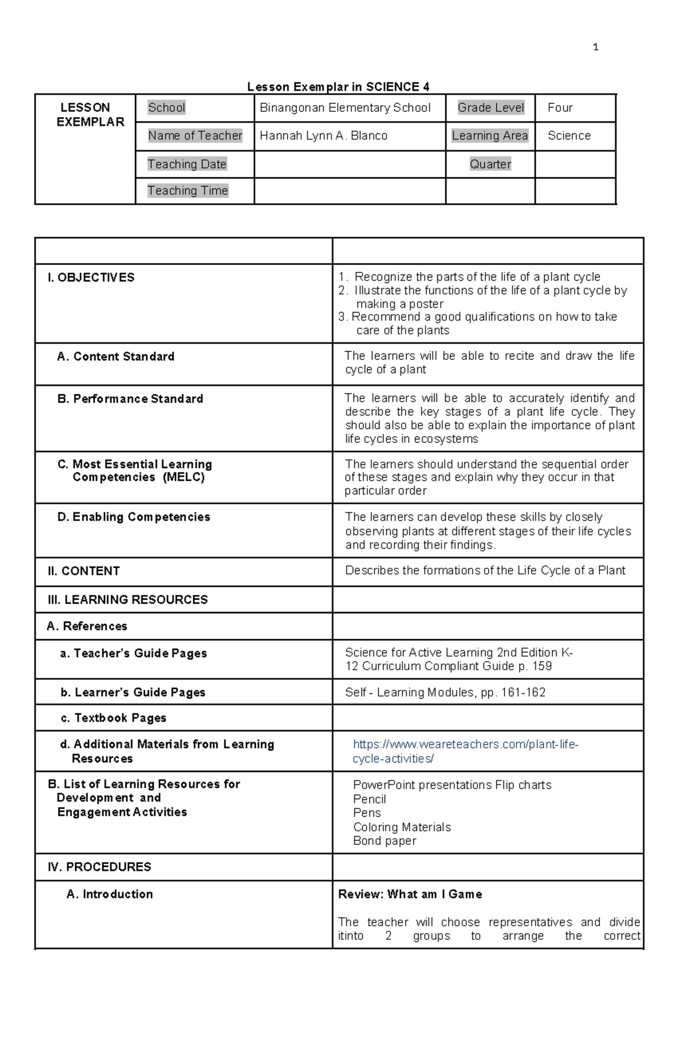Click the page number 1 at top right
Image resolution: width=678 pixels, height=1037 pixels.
(596, 47)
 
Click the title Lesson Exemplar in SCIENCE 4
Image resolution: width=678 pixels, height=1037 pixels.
(338, 86)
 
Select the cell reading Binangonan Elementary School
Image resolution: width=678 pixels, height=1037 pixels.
(345, 108)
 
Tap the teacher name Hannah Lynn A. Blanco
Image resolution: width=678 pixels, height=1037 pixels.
(323, 136)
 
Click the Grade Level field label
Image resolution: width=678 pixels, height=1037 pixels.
(490, 108)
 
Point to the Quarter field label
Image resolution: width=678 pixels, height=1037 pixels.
(490, 164)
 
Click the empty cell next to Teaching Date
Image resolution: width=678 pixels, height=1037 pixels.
(349, 164)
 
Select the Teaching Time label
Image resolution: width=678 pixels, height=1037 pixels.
(188, 191)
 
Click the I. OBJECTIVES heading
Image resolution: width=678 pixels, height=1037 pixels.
(91, 277)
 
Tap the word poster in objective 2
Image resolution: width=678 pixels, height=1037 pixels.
(426, 304)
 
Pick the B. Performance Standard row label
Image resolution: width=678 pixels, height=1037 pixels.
(130, 399)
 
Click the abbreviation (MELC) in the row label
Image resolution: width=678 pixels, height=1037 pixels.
(184, 478)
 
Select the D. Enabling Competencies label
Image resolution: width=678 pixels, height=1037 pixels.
(133, 517)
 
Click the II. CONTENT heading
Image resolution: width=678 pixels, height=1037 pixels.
(84, 571)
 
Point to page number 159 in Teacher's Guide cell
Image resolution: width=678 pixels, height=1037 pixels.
(541, 666)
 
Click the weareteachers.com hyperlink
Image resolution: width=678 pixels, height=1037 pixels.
(465, 752)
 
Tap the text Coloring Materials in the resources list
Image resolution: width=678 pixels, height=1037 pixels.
(402, 827)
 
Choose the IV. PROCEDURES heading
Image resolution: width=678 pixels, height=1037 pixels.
(99, 867)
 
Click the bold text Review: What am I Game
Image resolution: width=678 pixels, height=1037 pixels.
(410, 894)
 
